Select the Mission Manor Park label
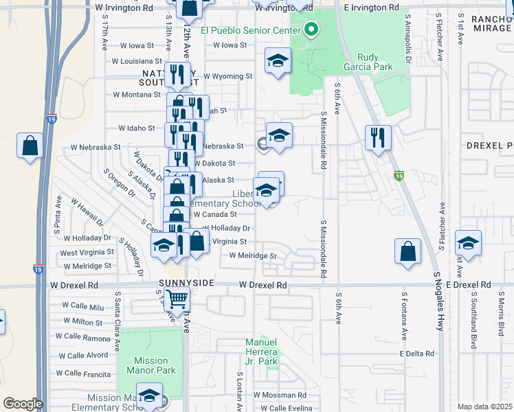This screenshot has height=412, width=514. tap(150, 365)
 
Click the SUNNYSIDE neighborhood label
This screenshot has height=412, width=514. tap(188, 283)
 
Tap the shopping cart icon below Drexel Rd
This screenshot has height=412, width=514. tap(177, 299)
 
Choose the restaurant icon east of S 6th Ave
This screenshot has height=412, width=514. tap(378, 137)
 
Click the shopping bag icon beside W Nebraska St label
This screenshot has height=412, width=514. tap(30, 146)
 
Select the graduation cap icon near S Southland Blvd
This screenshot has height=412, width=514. tap(468, 243)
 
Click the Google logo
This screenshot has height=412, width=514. tap(22, 404)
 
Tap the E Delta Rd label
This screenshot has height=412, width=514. tap(417, 354)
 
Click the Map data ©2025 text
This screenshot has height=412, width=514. tap(484, 407)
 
